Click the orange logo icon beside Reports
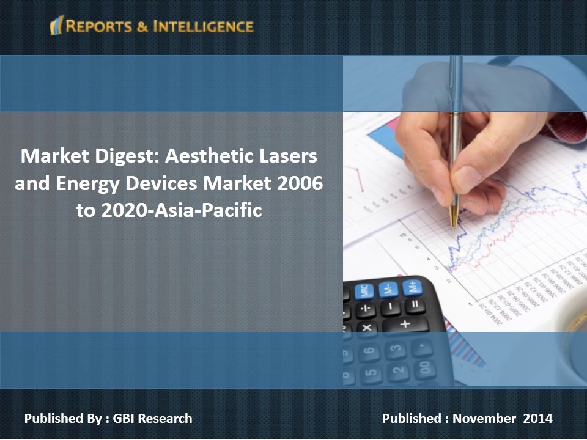click(x=56, y=26)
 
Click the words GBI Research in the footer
click(x=153, y=419)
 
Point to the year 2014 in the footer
click(x=538, y=419)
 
